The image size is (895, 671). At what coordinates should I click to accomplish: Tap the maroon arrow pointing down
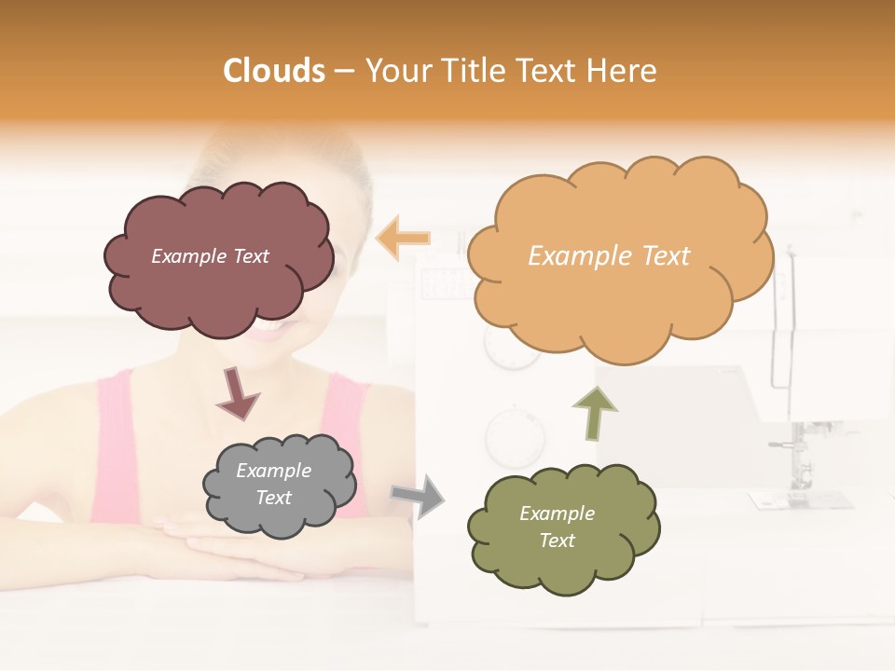tap(237, 392)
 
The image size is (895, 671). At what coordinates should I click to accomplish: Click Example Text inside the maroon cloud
tap(210, 256)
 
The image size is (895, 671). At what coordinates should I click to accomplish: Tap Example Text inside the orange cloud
tap(609, 256)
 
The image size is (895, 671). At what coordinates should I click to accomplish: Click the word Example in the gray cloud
tap(273, 471)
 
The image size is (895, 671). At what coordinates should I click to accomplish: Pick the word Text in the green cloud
tap(557, 541)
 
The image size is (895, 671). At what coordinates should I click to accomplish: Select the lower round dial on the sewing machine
tap(514, 437)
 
